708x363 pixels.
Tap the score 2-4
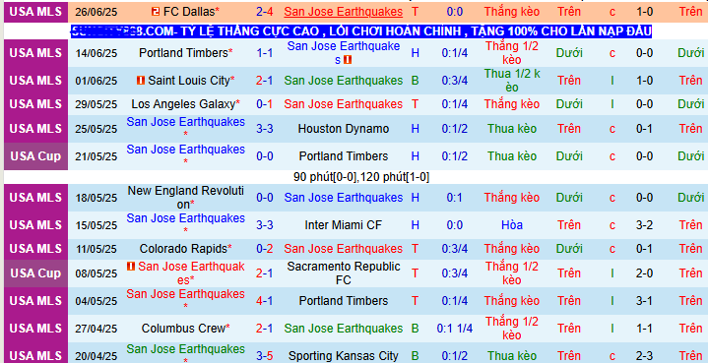click(266, 12)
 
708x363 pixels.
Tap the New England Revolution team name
click(186, 198)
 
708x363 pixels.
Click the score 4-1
click(266, 300)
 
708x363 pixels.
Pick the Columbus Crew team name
click(184, 328)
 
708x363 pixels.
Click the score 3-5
click(266, 355)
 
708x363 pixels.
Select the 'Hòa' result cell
click(511, 225)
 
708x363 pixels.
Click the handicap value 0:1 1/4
click(455, 328)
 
